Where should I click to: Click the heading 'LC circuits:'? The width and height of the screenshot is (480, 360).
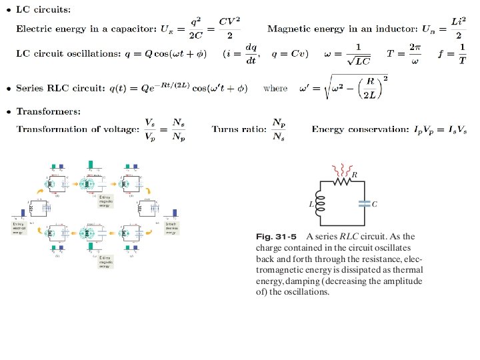46,9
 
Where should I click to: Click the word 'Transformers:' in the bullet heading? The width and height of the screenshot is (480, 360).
49,111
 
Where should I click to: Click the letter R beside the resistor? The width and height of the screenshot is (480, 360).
354,174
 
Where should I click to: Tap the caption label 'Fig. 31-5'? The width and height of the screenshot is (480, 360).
276,236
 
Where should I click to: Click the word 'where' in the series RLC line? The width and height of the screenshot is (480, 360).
275,88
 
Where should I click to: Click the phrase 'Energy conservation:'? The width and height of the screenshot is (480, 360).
353,128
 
